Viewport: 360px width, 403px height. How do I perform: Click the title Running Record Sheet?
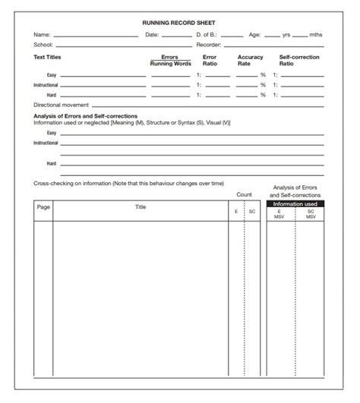(x=179, y=24)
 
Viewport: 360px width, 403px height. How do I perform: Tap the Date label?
(x=152, y=35)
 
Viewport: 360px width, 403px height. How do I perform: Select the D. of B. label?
(x=207, y=35)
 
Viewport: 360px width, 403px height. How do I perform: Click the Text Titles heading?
(x=47, y=57)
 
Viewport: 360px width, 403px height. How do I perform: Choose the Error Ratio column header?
(x=210, y=61)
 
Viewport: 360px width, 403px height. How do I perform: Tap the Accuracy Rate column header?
(x=250, y=61)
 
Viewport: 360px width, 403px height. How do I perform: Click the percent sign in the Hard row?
(x=264, y=95)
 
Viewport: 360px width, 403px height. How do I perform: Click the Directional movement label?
(x=62, y=105)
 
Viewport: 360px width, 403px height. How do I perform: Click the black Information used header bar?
(x=295, y=203)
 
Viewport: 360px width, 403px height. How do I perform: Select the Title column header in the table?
(x=141, y=207)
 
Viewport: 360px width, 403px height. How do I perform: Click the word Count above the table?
(x=244, y=195)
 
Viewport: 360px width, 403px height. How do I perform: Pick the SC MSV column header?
(x=310, y=214)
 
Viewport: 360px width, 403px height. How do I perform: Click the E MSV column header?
(x=279, y=214)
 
